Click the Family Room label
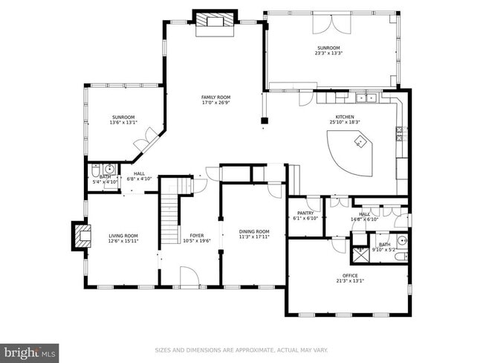point(215,97)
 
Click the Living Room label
point(122,236)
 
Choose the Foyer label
point(197,236)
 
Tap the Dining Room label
point(253,231)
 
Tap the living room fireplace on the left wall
point(81,235)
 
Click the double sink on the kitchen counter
point(365,97)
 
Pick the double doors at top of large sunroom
point(331,22)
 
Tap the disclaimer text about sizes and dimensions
point(241,350)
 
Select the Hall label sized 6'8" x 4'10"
point(139,176)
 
